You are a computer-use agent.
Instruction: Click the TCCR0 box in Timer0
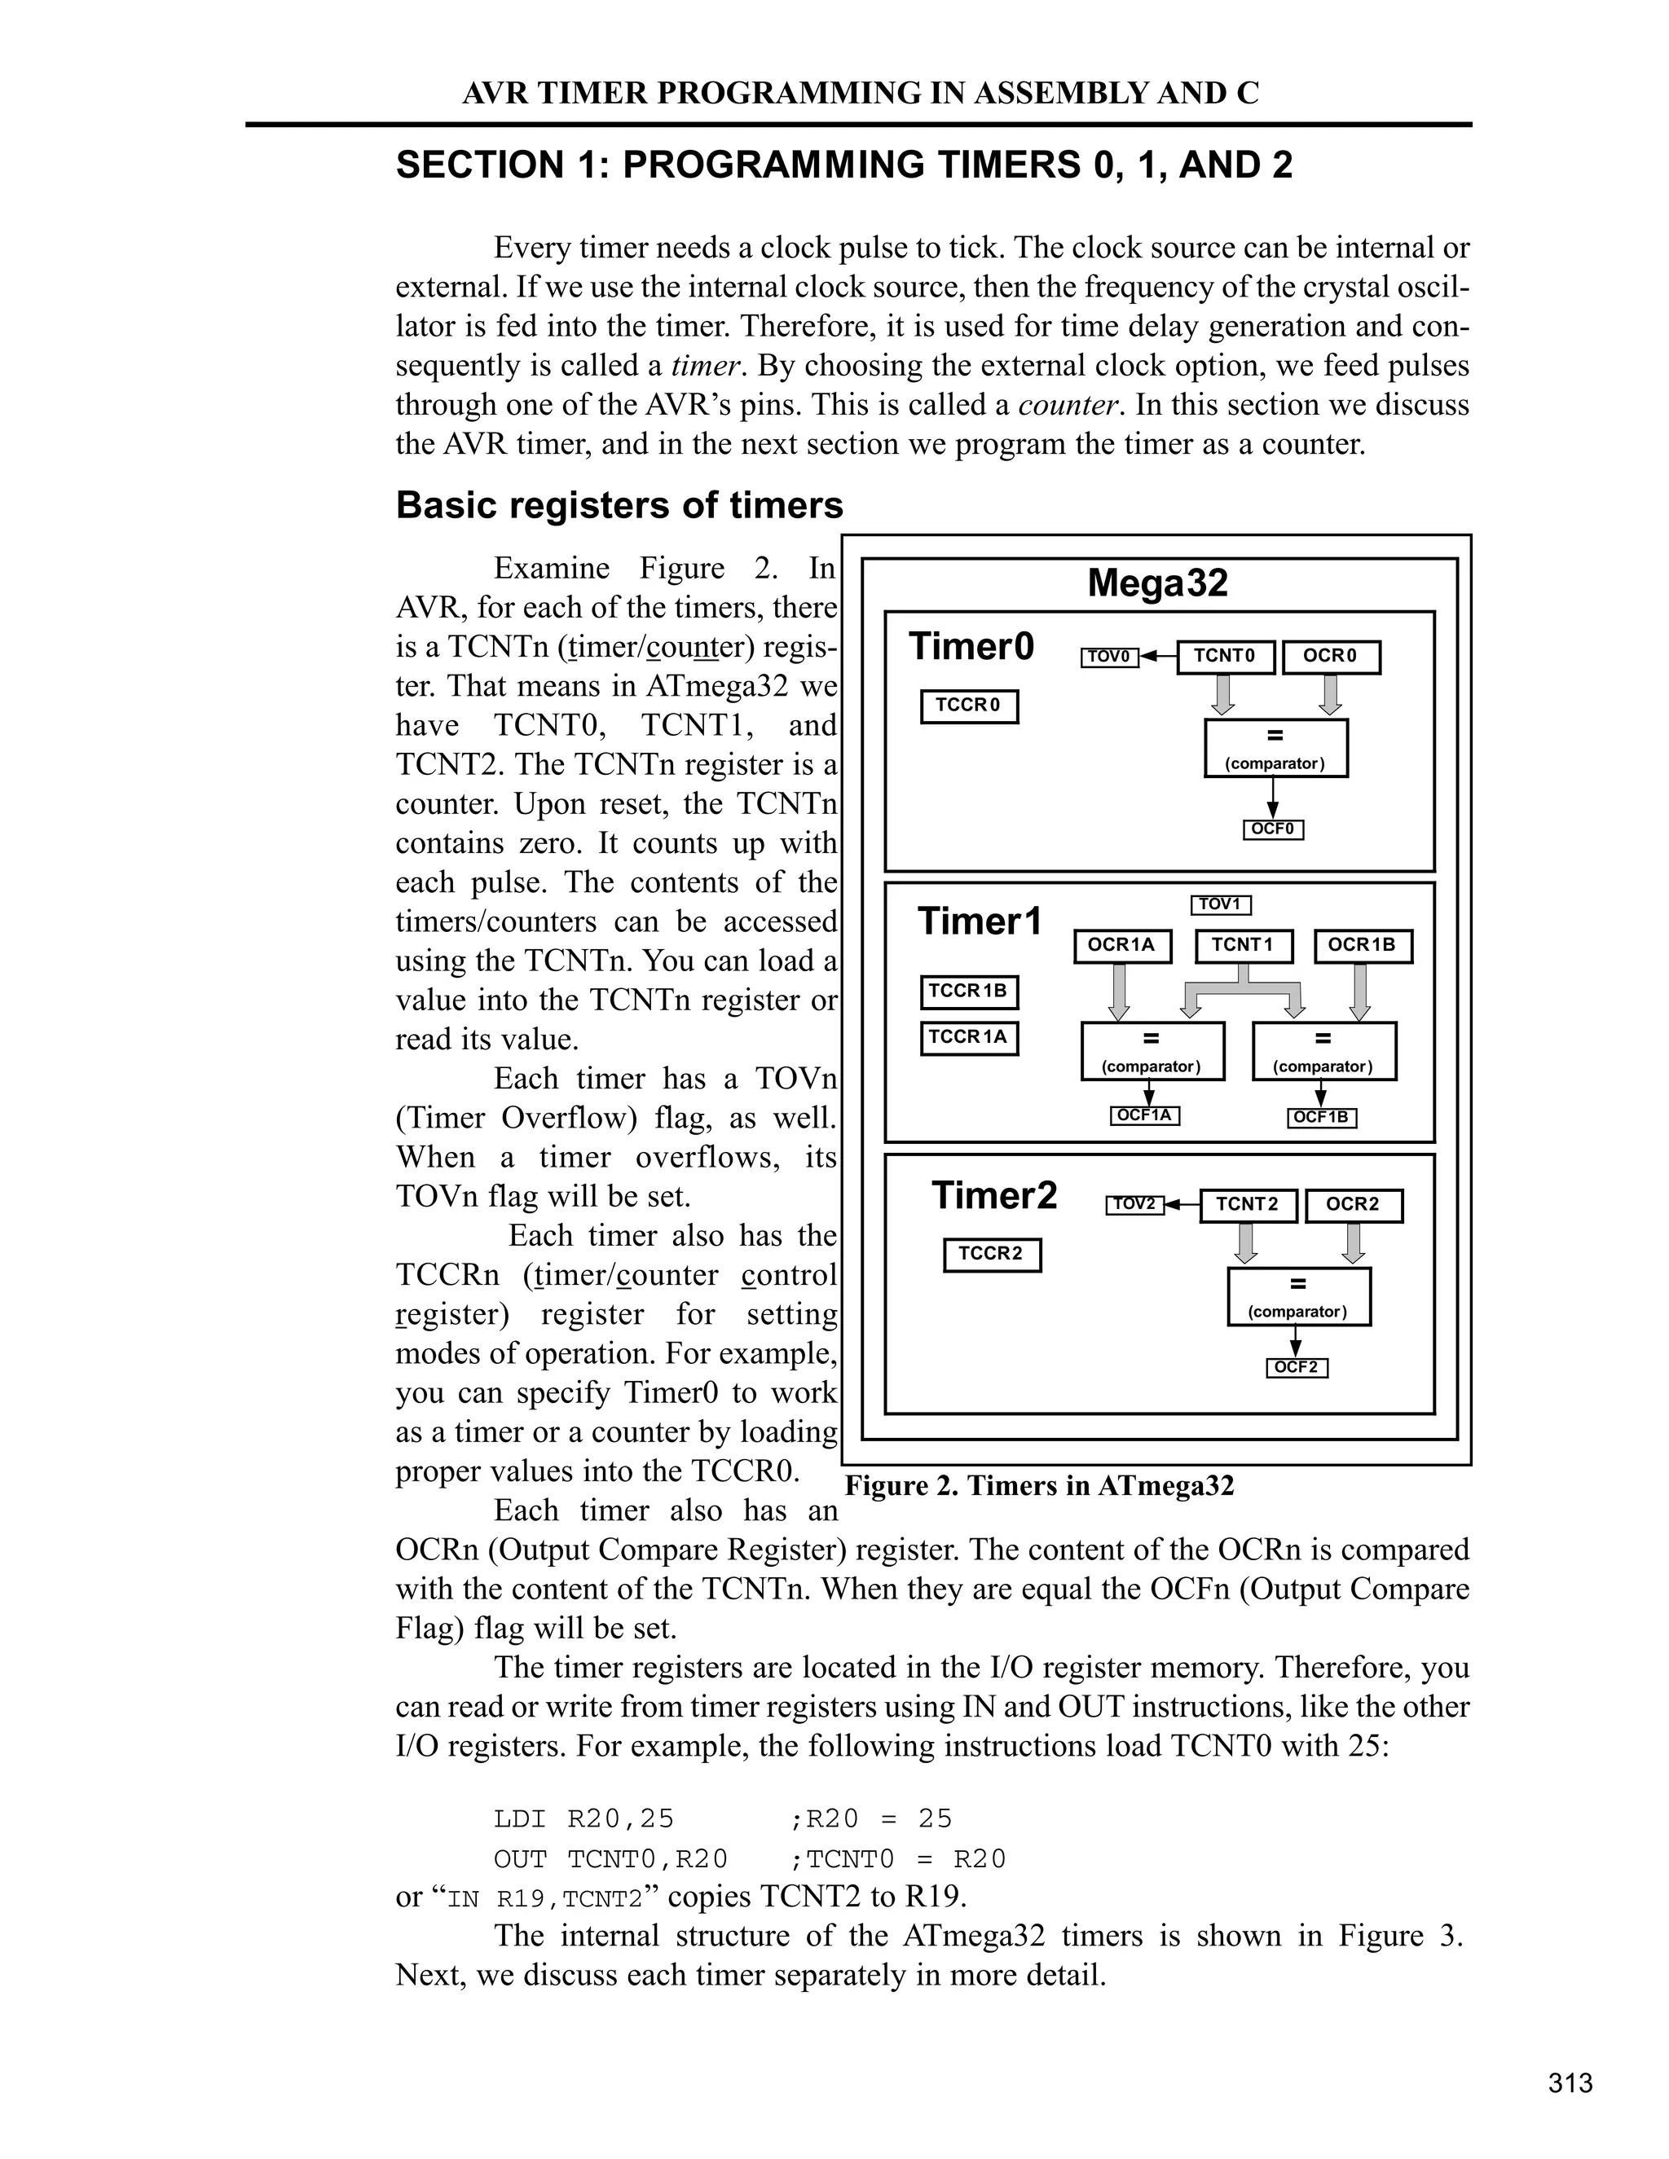(x=968, y=706)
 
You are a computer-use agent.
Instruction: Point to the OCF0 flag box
(x=1272, y=829)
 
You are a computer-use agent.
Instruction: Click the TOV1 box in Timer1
(x=1220, y=904)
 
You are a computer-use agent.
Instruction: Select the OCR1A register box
(x=1121, y=945)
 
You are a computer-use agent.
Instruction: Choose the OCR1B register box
(x=1362, y=945)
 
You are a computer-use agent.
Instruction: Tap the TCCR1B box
(x=968, y=992)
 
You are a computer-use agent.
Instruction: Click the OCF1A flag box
(x=1144, y=1116)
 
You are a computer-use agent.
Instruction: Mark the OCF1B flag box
(x=1321, y=1118)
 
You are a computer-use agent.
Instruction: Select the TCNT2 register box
(x=1248, y=1205)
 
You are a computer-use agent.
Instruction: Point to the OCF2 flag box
(x=1297, y=1368)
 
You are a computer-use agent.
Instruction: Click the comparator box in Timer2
(x=1298, y=1296)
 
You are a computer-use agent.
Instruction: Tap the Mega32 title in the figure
(x=1157, y=583)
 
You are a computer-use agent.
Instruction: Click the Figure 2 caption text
(x=1039, y=1486)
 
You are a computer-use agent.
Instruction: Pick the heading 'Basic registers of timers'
(x=619, y=505)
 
